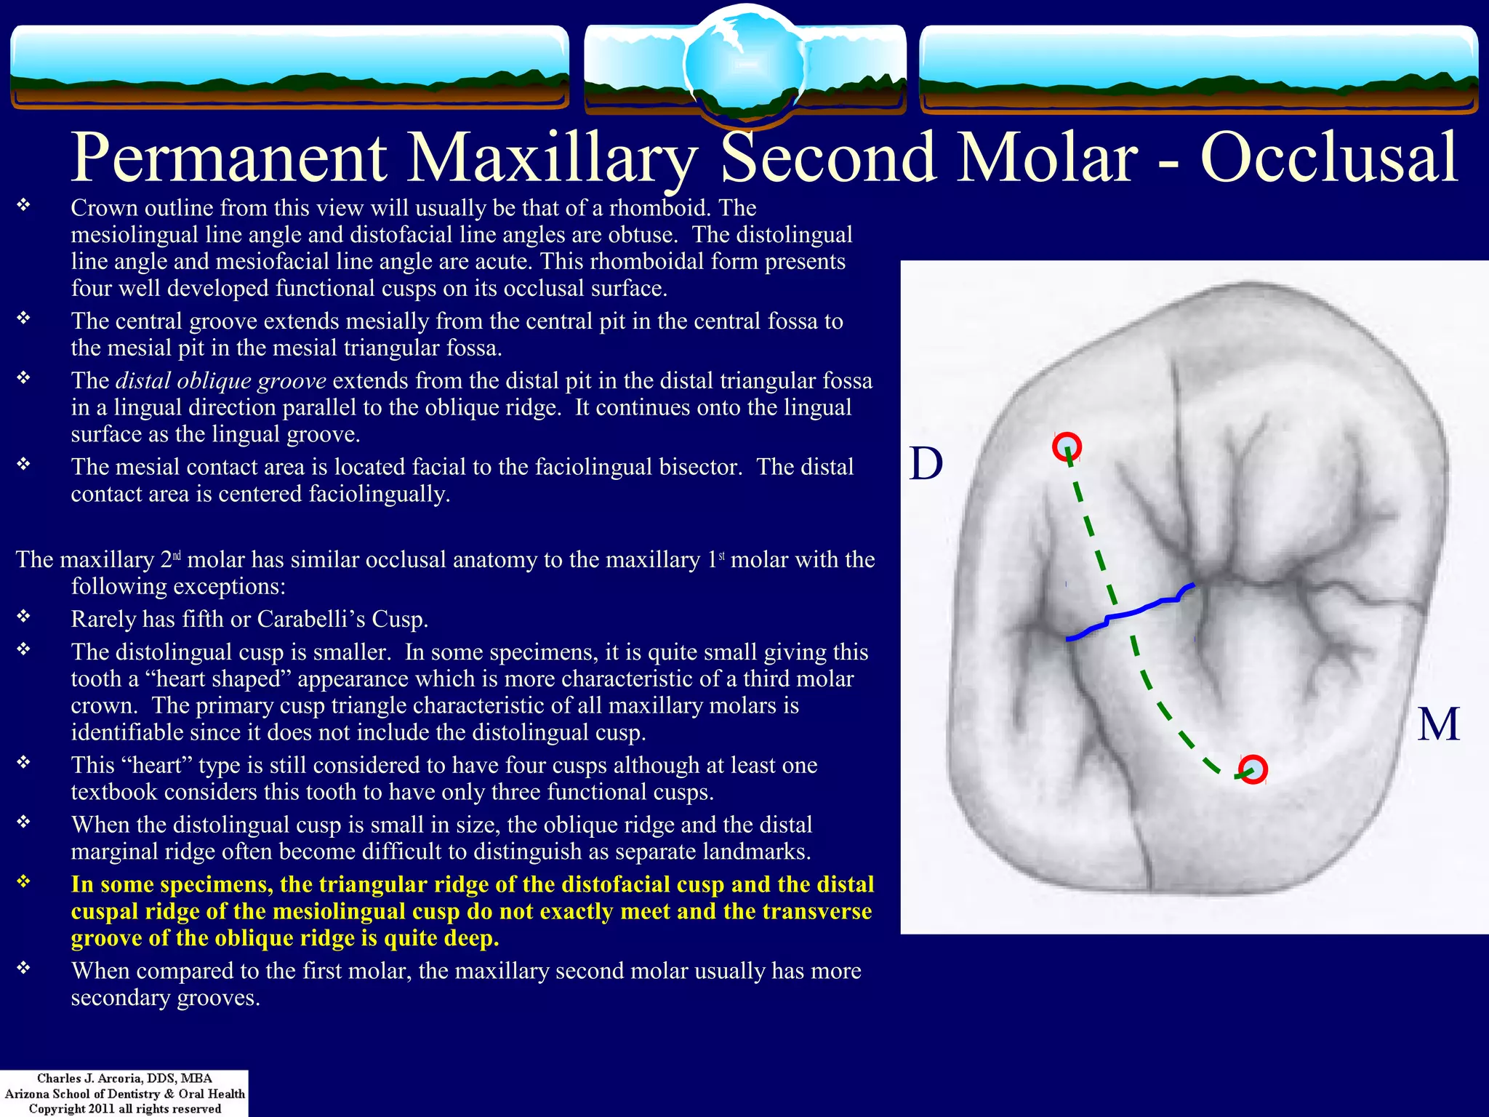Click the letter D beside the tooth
926,463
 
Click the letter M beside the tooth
1438,724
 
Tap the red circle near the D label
1067,446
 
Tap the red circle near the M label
1253,769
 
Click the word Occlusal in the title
1328,157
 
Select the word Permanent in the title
229,157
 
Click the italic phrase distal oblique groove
220,381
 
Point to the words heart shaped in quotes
214,678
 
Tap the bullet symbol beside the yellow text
24,882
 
